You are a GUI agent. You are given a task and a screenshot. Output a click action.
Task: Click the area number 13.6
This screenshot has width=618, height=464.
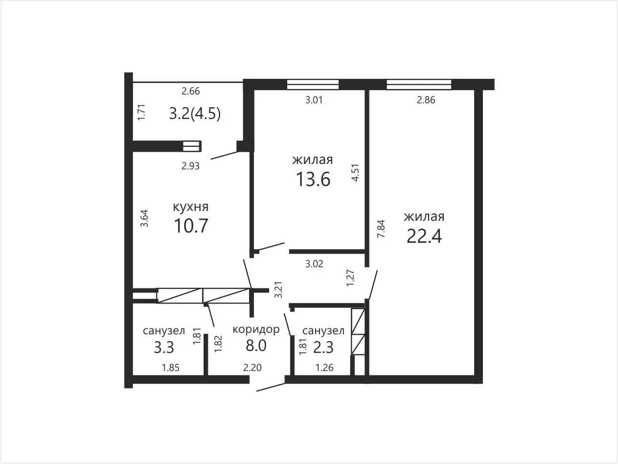(313, 179)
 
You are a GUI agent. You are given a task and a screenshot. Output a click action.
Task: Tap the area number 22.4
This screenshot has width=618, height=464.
(424, 236)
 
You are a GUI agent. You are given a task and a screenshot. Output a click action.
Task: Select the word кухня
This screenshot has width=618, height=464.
(191, 207)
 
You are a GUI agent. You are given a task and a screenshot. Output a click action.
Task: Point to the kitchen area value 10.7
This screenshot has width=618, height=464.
(191, 226)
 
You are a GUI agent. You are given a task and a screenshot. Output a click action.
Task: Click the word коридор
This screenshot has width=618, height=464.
(256, 329)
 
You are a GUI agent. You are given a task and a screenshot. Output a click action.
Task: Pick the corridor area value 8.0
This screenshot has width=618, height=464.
(256, 346)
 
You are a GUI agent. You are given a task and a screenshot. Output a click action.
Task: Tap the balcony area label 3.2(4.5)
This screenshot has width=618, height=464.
(195, 114)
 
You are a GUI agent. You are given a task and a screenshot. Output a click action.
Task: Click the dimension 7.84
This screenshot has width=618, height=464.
(381, 229)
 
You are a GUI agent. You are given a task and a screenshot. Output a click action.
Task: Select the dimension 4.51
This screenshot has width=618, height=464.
(356, 173)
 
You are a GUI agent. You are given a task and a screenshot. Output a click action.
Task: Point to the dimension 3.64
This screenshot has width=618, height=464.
(144, 218)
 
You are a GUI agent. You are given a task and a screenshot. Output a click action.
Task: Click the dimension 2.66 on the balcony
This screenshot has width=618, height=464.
(191, 91)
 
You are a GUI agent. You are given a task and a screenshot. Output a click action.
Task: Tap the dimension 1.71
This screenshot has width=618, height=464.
(141, 113)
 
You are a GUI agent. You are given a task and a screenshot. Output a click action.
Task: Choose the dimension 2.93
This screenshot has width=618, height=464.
(190, 166)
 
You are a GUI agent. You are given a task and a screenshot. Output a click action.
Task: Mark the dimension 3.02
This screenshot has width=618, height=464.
(314, 264)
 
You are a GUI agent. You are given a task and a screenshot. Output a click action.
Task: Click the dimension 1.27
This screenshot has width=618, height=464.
(350, 278)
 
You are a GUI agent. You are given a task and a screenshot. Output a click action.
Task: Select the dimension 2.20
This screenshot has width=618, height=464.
(252, 368)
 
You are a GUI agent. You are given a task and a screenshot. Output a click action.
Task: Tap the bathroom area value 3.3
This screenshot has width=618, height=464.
(164, 347)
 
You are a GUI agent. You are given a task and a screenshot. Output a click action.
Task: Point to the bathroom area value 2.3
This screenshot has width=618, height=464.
(323, 347)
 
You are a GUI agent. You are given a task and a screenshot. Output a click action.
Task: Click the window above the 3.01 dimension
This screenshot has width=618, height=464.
(313, 85)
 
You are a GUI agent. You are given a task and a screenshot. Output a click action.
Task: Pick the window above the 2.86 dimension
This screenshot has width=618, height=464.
(419, 85)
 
